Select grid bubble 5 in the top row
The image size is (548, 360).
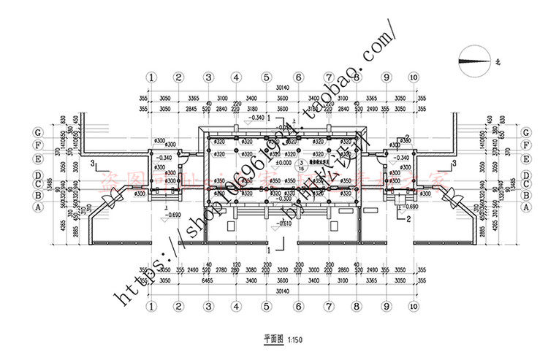click(267, 77)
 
